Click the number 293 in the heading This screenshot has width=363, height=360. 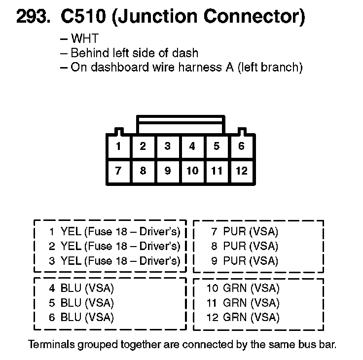33,18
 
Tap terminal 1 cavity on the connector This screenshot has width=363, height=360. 118,146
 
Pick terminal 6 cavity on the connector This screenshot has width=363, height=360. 241,146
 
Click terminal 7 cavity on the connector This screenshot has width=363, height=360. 118,171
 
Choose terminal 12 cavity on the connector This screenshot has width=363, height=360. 241,171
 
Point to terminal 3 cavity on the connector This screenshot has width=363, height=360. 168,146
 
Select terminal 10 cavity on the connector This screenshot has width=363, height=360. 192,171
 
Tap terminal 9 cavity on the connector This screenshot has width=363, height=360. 168,171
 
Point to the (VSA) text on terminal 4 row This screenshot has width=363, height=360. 99,288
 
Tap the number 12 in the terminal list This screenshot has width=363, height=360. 212,317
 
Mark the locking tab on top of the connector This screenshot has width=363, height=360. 182,124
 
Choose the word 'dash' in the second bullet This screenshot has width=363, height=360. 187,53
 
